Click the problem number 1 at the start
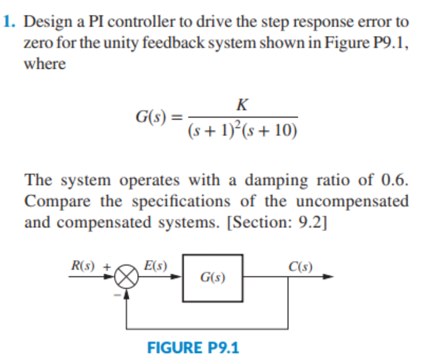click(x=8, y=22)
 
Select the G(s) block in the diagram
click(x=213, y=278)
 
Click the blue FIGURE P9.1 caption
click(x=193, y=347)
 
